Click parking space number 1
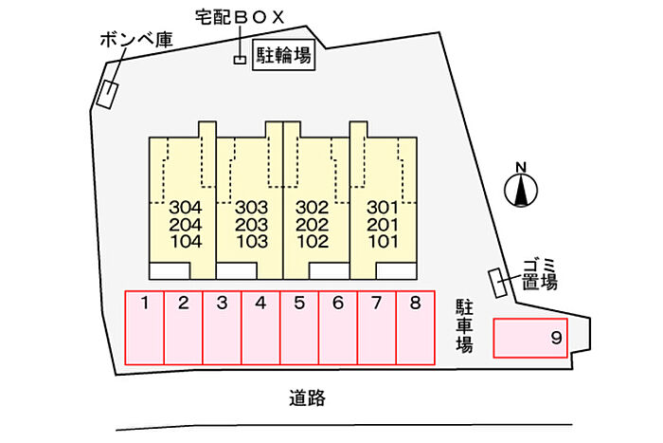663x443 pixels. click(145, 327)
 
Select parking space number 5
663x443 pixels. click(299, 327)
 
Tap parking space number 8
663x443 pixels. click(416, 327)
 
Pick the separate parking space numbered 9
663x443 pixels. click(530, 338)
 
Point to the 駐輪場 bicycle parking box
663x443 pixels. click(284, 55)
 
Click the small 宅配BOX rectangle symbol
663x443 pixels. click(241, 60)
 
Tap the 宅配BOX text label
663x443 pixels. click(240, 17)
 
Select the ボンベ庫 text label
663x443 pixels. click(136, 40)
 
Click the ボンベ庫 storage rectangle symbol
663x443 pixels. click(107, 95)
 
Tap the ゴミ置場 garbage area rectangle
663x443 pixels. click(498, 283)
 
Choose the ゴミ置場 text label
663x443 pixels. click(540, 275)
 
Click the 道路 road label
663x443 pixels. click(308, 398)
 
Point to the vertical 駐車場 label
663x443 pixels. click(464, 325)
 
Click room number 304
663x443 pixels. click(186, 208)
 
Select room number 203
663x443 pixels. click(252, 225)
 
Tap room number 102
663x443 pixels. click(313, 241)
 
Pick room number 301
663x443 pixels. click(383, 208)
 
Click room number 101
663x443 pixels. click(383, 241)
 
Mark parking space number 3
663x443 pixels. click(222, 327)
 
